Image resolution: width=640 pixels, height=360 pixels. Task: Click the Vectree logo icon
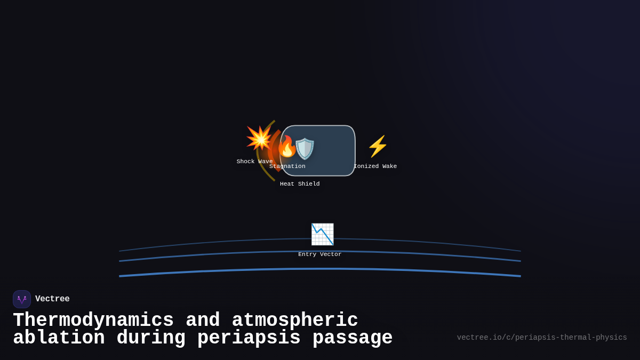point(22,299)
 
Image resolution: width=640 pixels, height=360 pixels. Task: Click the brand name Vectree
point(52,299)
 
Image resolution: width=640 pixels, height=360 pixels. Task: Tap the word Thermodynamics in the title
point(93,321)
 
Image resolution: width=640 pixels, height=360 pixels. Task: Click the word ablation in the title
point(59,338)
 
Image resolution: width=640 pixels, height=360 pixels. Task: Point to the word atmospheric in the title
point(295,321)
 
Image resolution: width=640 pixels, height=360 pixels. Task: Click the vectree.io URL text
point(542,338)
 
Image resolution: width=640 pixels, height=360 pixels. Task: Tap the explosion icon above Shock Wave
point(259,139)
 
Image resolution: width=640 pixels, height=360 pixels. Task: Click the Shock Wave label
point(254,162)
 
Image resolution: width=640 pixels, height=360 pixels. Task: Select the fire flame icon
point(286,147)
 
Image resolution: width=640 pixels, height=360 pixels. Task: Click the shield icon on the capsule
point(305,149)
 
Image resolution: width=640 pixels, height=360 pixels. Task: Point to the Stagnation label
point(287,166)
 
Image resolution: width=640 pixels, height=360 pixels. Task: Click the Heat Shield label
point(300,184)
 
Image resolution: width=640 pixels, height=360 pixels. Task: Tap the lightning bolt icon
point(378,146)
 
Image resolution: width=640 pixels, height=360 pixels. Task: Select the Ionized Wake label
point(375,166)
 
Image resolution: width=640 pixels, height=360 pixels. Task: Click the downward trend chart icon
point(322,234)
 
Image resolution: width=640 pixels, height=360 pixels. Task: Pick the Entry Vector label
point(320,254)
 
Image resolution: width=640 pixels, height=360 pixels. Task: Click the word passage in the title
point(353,338)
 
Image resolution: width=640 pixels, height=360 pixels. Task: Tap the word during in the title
point(151,338)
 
